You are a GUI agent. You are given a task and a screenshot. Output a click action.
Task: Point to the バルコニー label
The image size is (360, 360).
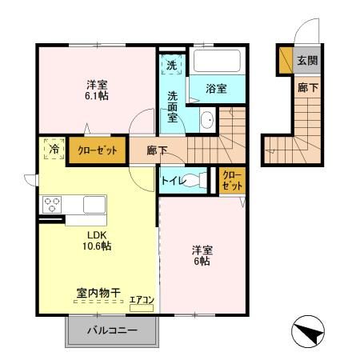(112, 330)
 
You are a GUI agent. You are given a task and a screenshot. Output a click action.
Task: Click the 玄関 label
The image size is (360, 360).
(308, 60)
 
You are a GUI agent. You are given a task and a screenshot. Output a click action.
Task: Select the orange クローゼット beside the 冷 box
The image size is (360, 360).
(96, 150)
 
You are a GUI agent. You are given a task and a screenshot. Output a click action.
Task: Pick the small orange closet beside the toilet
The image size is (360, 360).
(230, 181)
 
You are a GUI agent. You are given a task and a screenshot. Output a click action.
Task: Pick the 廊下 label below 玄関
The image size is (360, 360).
(308, 88)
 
